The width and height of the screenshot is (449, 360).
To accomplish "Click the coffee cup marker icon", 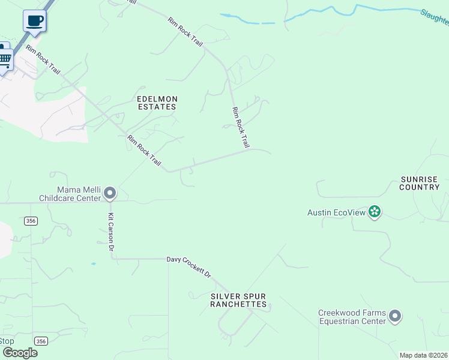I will pyautogui.click(x=34, y=21).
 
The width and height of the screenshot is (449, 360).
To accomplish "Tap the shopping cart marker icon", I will pyautogui.click(x=5, y=59).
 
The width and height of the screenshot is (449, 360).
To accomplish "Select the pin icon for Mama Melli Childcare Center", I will pyautogui.click(x=109, y=193).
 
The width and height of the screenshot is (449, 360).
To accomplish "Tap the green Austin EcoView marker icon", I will pyautogui.click(x=375, y=211).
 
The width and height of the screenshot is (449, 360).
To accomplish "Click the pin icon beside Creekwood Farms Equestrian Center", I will pyautogui.click(x=394, y=316).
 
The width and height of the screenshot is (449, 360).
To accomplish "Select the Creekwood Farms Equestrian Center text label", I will pyautogui.click(x=352, y=317).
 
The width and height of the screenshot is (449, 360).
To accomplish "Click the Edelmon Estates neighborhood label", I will pyautogui.click(x=157, y=103).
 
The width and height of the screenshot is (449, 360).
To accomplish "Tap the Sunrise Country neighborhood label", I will pyautogui.click(x=420, y=183).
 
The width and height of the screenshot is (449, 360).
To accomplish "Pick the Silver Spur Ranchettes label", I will pyautogui.click(x=238, y=301).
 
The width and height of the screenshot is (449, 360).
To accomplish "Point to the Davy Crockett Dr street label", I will pyautogui.click(x=189, y=266).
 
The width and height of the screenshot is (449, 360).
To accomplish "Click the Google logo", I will pyautogui.click(x=20, y=353).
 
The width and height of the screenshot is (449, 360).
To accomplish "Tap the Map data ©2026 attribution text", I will pyautogui.click(x=424, y=355).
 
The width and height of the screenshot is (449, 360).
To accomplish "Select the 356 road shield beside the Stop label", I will pyautogui.click(x=41, y=341).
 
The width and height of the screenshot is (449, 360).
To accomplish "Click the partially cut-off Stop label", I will pyautogui.click(x=7, y=341).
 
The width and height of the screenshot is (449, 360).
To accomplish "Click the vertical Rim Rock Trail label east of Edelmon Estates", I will pyautogui.click(x=241, y=127).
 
